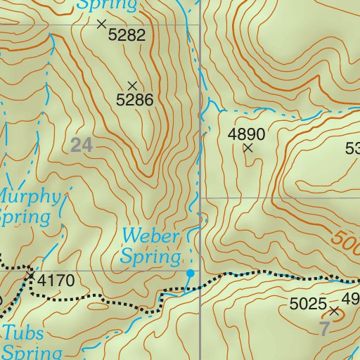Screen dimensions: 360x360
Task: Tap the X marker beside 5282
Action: click(x=101, y=24)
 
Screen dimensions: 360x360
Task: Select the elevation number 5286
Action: click(x=134, y=100)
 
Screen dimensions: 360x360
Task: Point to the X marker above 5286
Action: click(x=132, y=86)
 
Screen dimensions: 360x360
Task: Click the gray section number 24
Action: click(x=82, y=146)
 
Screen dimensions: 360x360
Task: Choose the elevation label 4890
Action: click(x=246, y=134)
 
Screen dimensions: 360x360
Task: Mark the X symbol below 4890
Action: click(x=247, y=148)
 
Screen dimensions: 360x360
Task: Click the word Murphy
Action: click(x=28, y=195)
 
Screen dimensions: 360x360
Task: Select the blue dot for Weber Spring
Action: click(x=190, y=272)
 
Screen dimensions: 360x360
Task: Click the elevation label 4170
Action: click(x=56, y=281)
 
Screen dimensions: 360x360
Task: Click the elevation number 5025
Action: click(x=309, y=304)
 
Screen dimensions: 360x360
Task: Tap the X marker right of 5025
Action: click(x=334, y=310)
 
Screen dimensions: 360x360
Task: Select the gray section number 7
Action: click(x=324, y=328)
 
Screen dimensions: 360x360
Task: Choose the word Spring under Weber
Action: click(x=152, y=256)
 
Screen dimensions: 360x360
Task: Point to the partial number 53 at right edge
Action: click(x=352, y=148)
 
